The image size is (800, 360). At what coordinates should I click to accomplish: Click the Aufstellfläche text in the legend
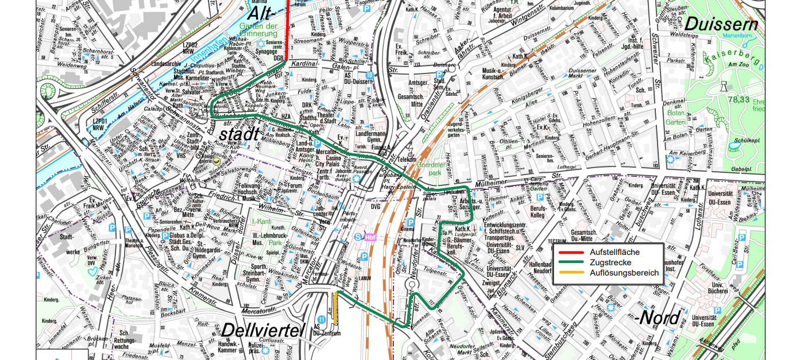point(614,252)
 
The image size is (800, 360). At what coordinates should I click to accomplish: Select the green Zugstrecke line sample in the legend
point(570,262)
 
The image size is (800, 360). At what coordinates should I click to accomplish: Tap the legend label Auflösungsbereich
point(624,273)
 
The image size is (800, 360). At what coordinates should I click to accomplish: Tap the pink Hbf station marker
point(369,237)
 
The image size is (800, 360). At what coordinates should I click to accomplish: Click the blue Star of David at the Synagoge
point(262,44)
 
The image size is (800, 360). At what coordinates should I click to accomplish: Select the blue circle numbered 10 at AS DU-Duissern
point(369,75)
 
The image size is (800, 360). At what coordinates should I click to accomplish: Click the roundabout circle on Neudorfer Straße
point(412,285)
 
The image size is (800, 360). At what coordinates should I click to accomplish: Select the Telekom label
point(407,159)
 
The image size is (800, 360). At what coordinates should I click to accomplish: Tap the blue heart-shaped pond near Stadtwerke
point(92,270)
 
